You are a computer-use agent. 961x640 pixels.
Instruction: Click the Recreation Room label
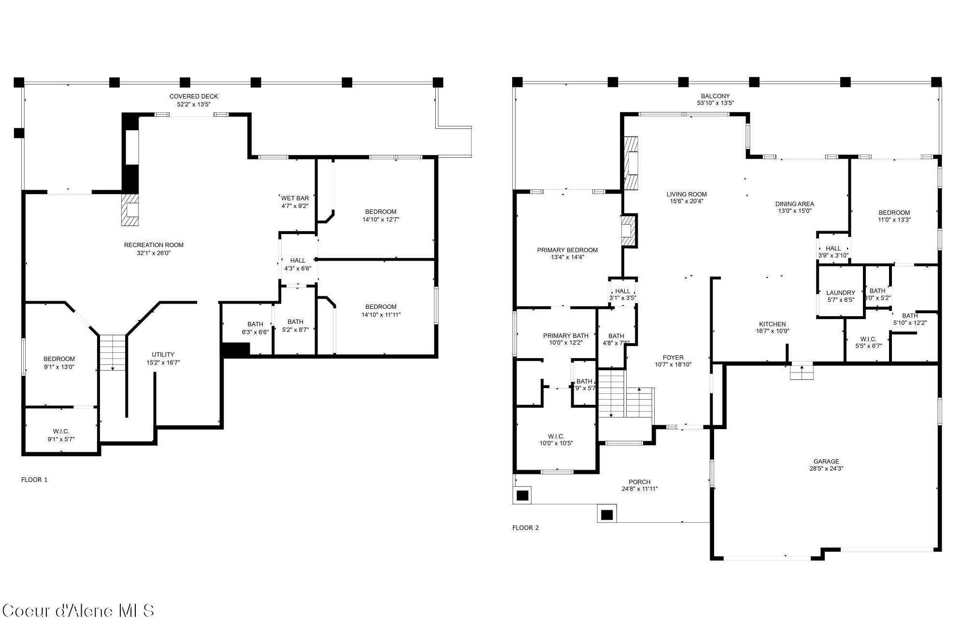(154, 245)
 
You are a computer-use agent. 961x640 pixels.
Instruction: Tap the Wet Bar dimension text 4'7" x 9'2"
(295, 206)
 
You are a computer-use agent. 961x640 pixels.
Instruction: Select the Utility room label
(163, 355)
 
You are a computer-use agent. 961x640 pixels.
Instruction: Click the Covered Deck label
(193, 97)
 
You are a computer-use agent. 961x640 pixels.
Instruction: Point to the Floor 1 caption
(34, 480)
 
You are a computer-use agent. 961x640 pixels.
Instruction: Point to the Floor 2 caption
(525, 528)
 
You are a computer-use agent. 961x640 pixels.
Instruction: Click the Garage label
(826, 461)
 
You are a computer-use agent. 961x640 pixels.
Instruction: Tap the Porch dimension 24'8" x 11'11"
(639, 489)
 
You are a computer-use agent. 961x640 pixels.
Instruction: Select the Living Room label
(686, 195)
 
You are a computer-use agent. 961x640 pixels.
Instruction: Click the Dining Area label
(795, 204)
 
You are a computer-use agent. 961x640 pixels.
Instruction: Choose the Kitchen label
(772, 324)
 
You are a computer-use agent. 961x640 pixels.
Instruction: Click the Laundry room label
(840, 293)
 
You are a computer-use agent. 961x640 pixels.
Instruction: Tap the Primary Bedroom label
(567, 250)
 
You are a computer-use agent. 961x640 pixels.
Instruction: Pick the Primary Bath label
(565, 336)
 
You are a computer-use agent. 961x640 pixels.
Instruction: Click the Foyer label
(673, 358)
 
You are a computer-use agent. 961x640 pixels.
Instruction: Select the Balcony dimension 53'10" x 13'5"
(715, 103)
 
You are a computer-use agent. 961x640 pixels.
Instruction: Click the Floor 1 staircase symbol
(113, 352)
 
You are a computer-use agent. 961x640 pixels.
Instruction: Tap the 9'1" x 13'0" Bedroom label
(59, 359)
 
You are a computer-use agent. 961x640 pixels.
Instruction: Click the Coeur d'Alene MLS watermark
(78, 611)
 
